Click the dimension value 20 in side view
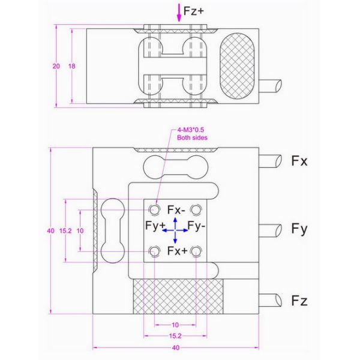click(x=56, y=67)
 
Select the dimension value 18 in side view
click(x=72, y=67)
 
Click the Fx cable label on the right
click(x=299, y=161)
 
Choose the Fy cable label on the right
click(x=299, y=229)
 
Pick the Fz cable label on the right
click(x=299, y=301)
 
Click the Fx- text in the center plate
click(x=176, y=210)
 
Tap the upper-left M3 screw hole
click(x=155, y=209)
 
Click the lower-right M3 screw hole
click(x=196, y=252)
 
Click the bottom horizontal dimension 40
click(x=175, y=347)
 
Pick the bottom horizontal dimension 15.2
click(x=175, y=336)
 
